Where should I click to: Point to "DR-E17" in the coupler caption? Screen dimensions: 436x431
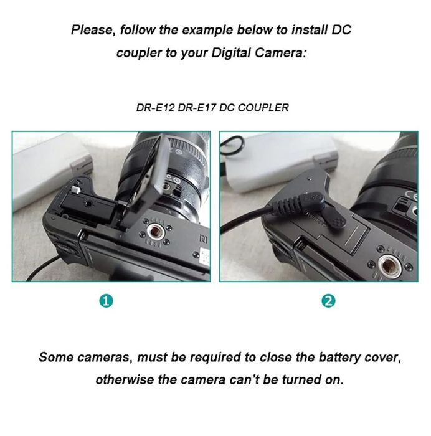(193, 108)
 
